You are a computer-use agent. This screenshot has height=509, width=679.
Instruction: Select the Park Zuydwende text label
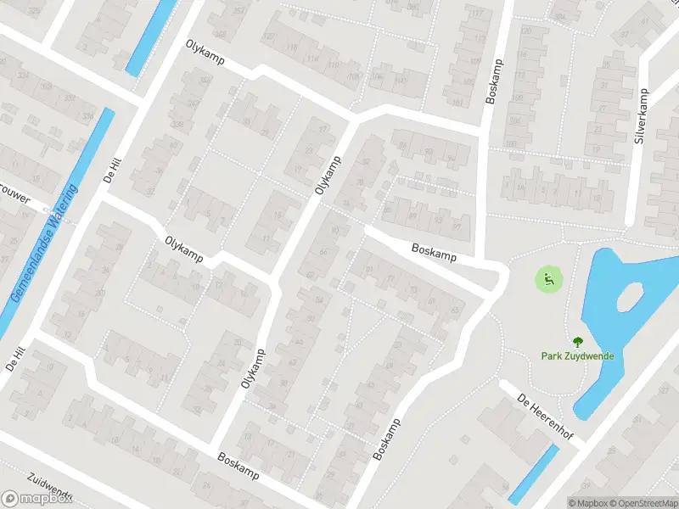point(577,356)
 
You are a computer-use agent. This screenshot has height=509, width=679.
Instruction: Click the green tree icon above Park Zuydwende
point(578,342)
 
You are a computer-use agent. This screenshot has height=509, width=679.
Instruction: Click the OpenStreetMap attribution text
point(643,503)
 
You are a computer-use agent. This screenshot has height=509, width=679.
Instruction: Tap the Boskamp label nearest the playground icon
point(434,252)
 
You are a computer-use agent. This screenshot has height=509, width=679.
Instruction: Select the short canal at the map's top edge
point(147,38)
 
